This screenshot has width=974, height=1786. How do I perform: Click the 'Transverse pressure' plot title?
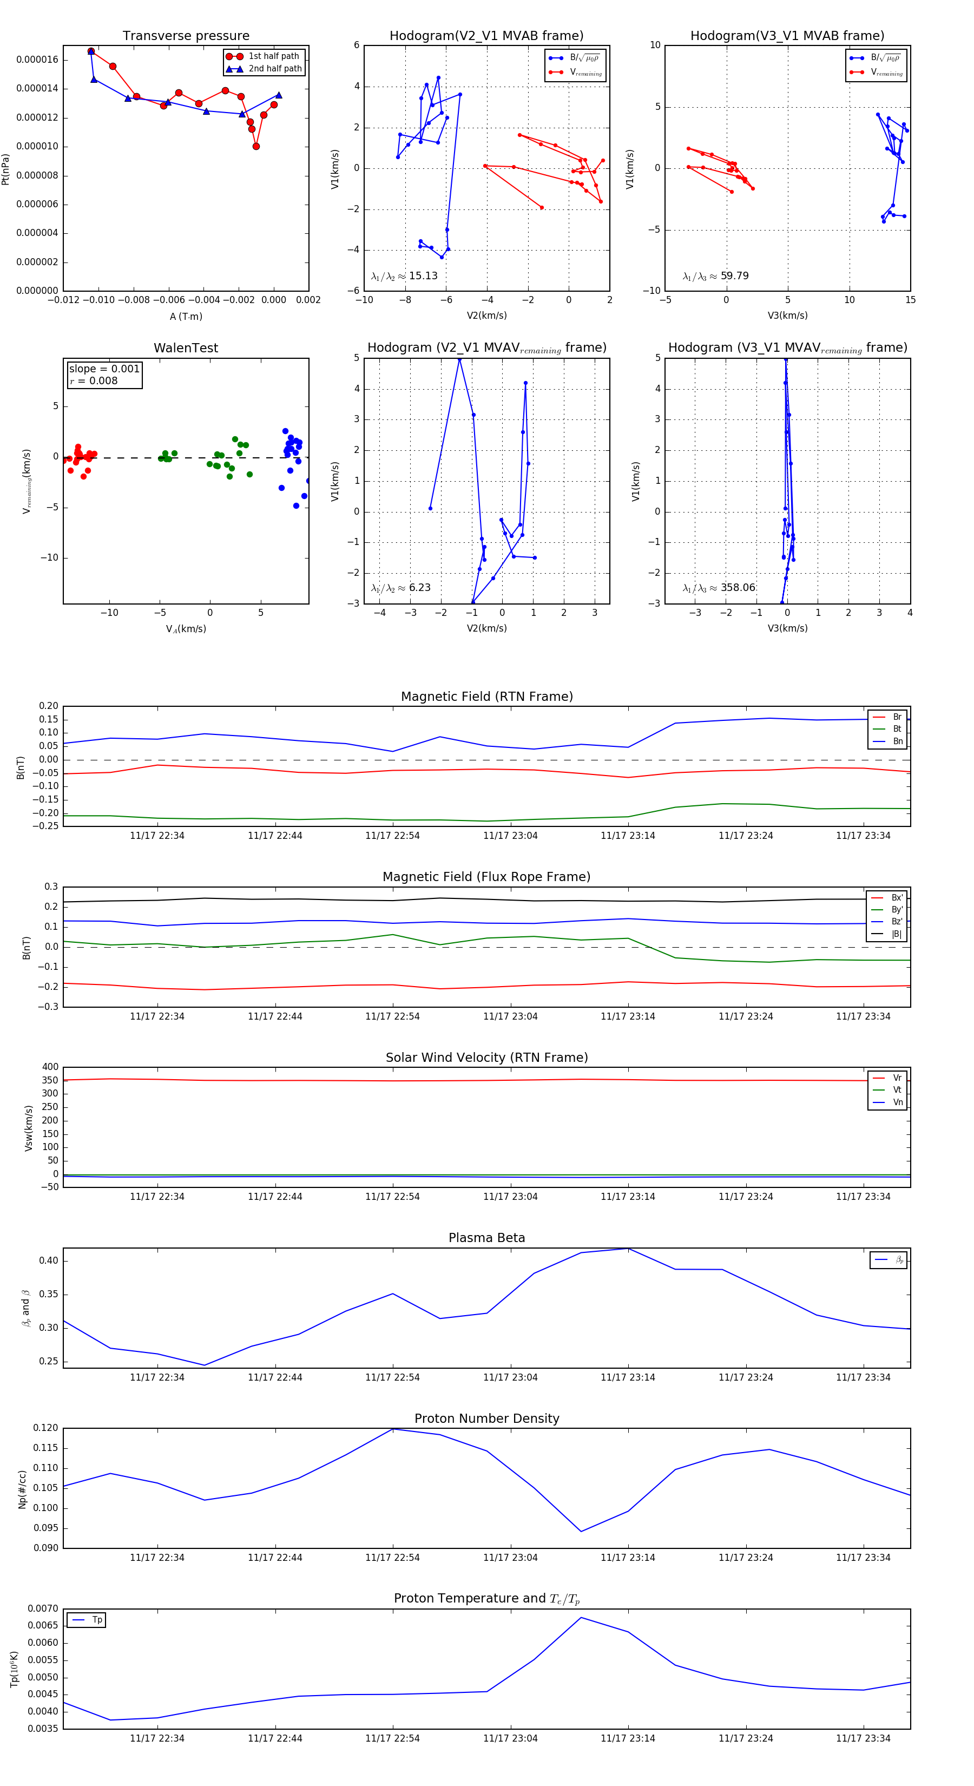point(186,36)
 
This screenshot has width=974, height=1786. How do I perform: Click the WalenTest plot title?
point(186,348)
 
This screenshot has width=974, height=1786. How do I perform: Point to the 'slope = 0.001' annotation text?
point(104,369)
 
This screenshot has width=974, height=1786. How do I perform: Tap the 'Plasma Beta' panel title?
point(486,1238)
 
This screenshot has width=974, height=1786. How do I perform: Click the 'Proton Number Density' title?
point(486,1419)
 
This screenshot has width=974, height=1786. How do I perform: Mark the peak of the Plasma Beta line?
point(628,1249)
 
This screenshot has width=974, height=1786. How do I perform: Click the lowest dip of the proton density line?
point(581,1532)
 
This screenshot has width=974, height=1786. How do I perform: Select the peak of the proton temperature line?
point(581,1618)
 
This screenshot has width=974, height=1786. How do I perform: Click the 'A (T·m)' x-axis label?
point(186,317)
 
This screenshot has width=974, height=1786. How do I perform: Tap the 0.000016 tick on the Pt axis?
point(37,60)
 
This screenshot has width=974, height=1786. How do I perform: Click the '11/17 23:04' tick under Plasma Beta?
point(510,1377)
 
